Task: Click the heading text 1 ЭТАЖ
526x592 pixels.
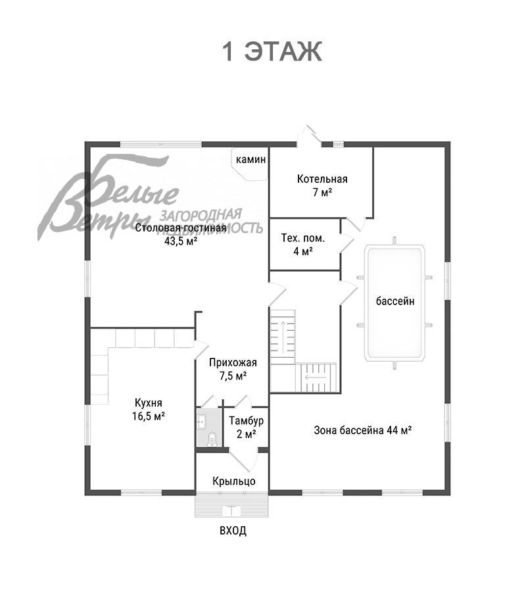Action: click(272, 51)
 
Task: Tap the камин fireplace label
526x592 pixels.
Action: click(251, 159)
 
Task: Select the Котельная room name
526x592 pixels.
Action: click(322, 178)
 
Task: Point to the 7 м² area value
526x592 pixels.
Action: click(322, 192)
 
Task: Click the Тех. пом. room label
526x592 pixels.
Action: click(303, 238)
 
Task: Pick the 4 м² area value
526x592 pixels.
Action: click(303, 251)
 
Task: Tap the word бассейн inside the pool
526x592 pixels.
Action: click(395, 301)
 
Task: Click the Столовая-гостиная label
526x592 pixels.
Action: click(181, 228)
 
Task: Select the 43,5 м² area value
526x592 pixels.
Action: click(181, 241)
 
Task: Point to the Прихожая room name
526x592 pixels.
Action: click(233, 362)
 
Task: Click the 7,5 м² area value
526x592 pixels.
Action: click(233, 376)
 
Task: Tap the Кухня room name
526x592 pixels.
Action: click(149, 403)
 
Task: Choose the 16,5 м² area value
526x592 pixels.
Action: click(149, 416)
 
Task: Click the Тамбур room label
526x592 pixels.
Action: click(247, 420)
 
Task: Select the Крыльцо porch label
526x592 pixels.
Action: click(234, 481)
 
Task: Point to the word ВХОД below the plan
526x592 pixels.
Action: click(233, 530)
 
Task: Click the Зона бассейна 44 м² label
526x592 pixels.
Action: click(363, 430)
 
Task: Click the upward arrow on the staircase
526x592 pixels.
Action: click(283, 332)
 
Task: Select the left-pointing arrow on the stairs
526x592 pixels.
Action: click(316, 377)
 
